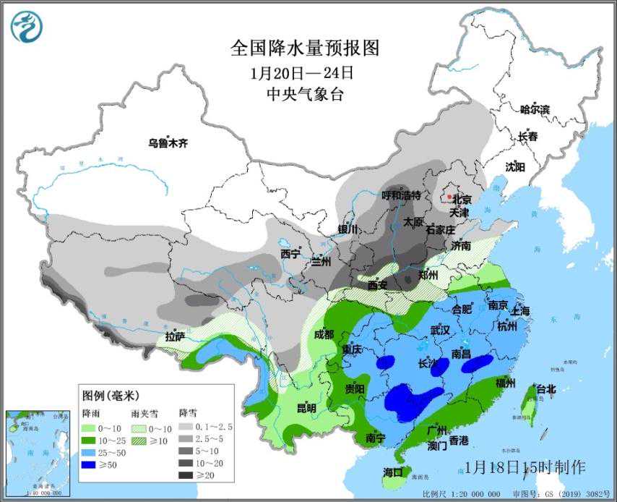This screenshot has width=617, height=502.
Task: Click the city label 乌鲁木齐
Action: coord(168,143)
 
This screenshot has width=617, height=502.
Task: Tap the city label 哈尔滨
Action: coord(535,110)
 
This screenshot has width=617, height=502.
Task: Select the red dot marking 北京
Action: coord(448,196)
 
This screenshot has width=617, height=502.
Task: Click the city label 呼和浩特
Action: coord(401,195)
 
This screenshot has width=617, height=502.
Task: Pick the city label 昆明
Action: coord(306,408)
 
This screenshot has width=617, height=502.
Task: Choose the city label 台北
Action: coord(546,389)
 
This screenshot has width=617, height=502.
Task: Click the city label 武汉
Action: coord(440,330)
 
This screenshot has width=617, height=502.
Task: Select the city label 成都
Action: coord(324,334)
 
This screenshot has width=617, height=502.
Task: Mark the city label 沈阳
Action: coord(515,166)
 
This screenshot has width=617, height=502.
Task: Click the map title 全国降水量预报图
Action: coord(304,48)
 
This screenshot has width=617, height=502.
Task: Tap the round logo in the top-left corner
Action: coord(27,27)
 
